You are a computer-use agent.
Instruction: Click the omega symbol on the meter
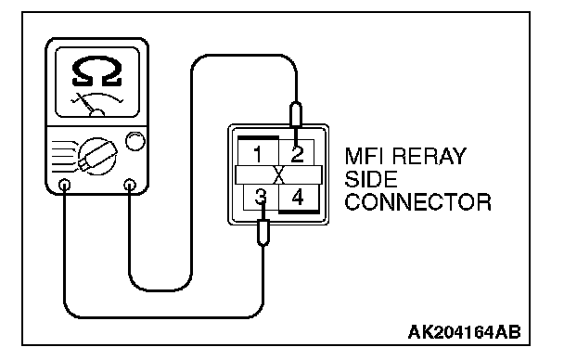[x=96, y=71]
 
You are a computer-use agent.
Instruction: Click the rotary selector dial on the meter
[x=97, y=156]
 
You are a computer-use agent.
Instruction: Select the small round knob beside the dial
[x=135, y=141]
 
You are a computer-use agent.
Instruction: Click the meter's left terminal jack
[x=65, y=186]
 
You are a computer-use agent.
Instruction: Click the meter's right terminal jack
[x=130, y=186]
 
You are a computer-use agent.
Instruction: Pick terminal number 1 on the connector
[x=258, y=154]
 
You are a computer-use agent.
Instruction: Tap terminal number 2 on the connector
[x=298, y=154]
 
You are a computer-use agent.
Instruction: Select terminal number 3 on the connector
[x=261, y=198]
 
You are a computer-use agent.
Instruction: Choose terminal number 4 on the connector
[x=298, y=197]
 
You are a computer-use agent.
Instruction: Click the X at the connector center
[x=279, y=175]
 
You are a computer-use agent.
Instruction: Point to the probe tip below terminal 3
[x=263, y=233]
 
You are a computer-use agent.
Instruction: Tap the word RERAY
[x=429, y=156]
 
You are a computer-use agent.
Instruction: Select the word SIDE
[x=371, y=179]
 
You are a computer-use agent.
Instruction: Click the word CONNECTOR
[x=418, y=201]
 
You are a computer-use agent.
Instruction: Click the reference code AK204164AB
[x=465, y=332]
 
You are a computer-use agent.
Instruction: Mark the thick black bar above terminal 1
[x=258, y=138]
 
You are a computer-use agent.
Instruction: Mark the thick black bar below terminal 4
[x=299, y=212]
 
